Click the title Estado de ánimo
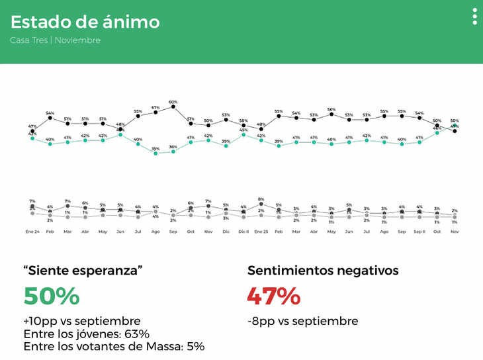(x=85, y=22)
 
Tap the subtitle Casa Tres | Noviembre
(x=55, y=40)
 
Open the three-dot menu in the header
(x=474, y=17)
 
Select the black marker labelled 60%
(x=173, y=107)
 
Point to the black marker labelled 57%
(x=155, y=112)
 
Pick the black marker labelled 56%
(x=331, y=114)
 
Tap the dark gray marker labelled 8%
(x=261, y=204)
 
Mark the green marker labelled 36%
(x=173, y=151)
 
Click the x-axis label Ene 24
(x=32, y=232)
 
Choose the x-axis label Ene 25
(x=261, y=232)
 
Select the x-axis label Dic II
(x=243, y=232)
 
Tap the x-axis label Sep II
(x=419, y=232)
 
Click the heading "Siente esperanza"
(x=83, y=271)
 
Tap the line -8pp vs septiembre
(x=303, y=321)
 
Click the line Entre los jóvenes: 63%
(x=86, y=334)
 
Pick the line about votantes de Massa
(x=114, y=346)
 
